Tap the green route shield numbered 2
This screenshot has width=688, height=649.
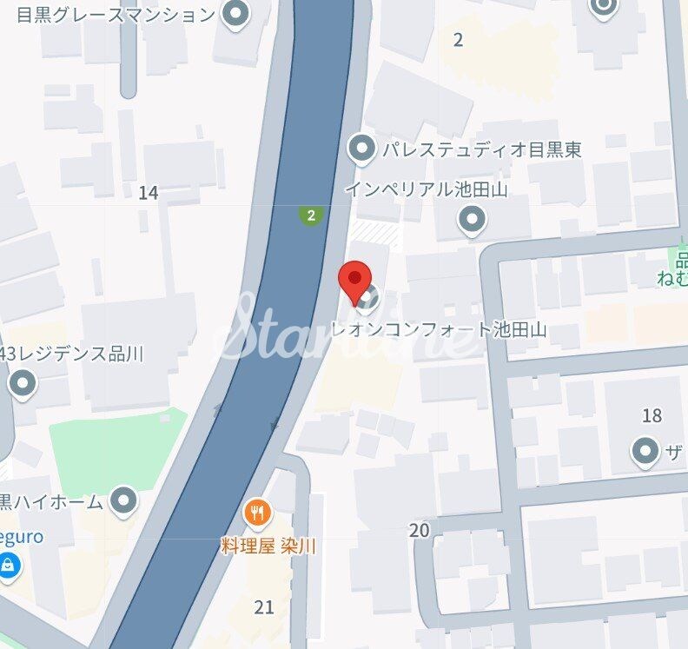click(310, 214)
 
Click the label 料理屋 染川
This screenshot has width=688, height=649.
click(268, 546)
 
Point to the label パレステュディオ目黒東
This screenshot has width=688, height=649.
click(482, 149)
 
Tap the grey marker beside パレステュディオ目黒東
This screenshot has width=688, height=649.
click(361, 149)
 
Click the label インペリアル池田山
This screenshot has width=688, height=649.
click(426, 189)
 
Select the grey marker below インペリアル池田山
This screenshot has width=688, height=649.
click(472, 222)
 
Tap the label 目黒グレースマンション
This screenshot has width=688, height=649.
click(115, 14)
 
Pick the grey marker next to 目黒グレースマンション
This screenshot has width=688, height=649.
click(235, 13)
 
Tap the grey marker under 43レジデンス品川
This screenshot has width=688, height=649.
click(22, 382)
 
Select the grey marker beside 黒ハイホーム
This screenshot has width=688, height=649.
click(126, 500)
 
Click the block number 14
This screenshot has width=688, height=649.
click(148, 193)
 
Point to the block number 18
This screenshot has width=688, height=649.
click(652, 415)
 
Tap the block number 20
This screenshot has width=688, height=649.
click(420, 530)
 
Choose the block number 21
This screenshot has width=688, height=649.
click(264, 606)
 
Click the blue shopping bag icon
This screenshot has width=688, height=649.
click(8, 566)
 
